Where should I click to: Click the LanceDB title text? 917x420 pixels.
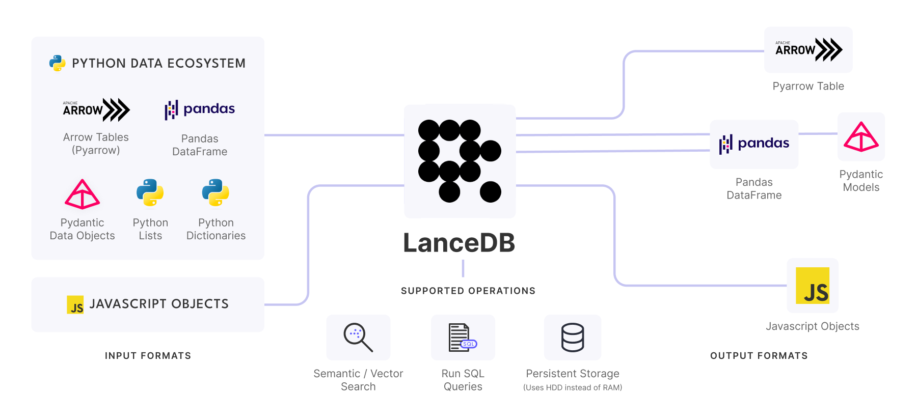(459, 243)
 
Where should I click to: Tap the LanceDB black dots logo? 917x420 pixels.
(460, 161)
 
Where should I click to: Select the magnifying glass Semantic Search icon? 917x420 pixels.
(358, 337)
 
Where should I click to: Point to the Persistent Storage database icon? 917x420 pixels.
(573, 337)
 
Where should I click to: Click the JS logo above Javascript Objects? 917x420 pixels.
(813, 286)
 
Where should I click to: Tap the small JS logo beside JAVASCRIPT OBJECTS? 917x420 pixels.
(75, 304)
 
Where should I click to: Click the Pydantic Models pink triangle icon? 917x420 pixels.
(861, 137)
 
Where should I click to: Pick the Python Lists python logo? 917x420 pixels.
(150, 192)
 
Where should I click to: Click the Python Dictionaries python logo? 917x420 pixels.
(215, 192)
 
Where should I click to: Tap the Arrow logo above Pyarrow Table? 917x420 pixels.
(808, 50)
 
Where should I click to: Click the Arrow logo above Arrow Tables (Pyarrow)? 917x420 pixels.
(96, 109)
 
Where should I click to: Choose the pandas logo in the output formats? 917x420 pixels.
(754, 144)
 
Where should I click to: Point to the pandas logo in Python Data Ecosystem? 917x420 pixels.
(200, 109)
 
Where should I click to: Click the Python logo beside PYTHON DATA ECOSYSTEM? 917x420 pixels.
(58, 63)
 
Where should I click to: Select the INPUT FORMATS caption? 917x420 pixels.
(148, 356)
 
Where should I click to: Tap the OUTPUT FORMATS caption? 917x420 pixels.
(759, 356)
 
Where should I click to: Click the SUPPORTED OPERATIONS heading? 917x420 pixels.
(468, 291)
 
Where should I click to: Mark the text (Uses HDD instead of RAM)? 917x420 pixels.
(573, 387)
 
